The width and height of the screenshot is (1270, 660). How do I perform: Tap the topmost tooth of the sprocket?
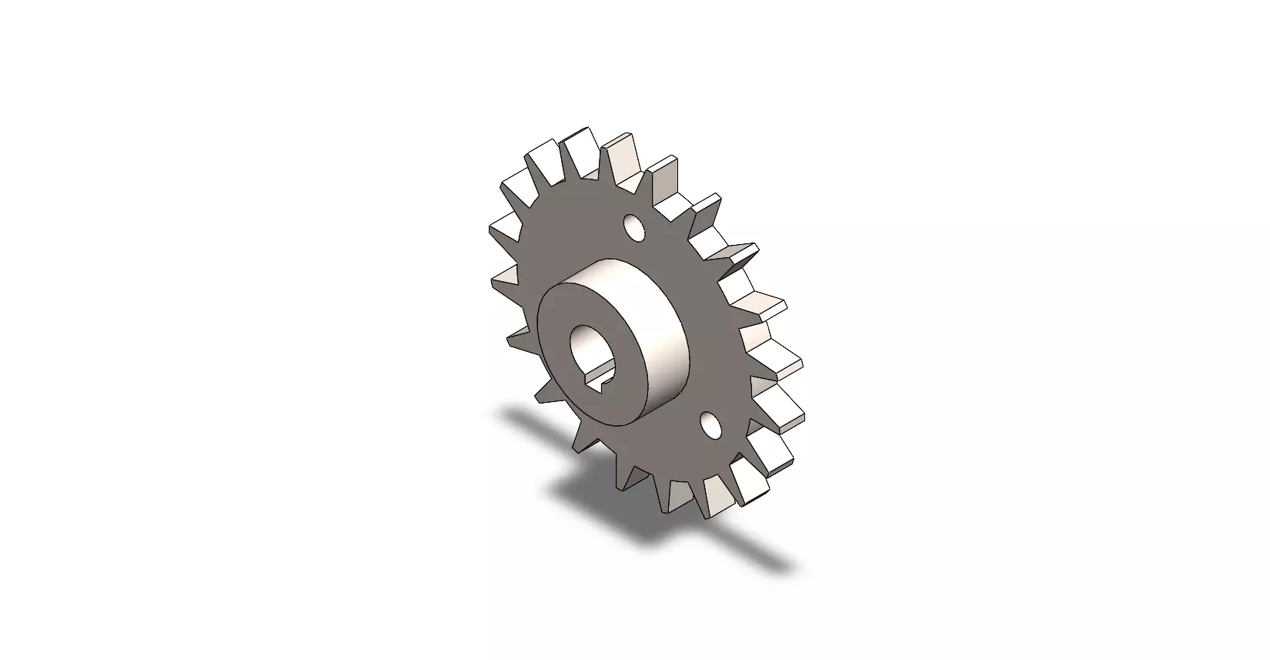tap(580, 146)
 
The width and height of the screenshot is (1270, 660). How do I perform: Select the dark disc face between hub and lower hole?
tap(693, 400)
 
